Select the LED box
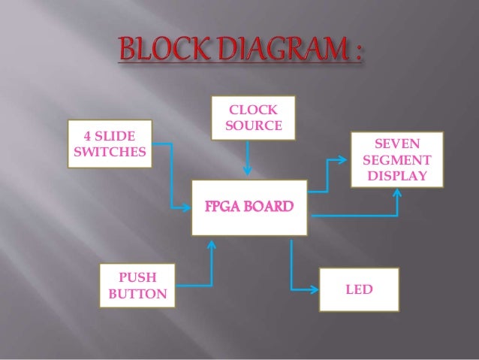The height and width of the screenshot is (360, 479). pos(358,288)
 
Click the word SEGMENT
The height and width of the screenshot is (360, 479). pos(396,160)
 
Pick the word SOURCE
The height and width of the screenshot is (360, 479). pos(253,124)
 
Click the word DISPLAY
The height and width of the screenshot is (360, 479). pos(396,177)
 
